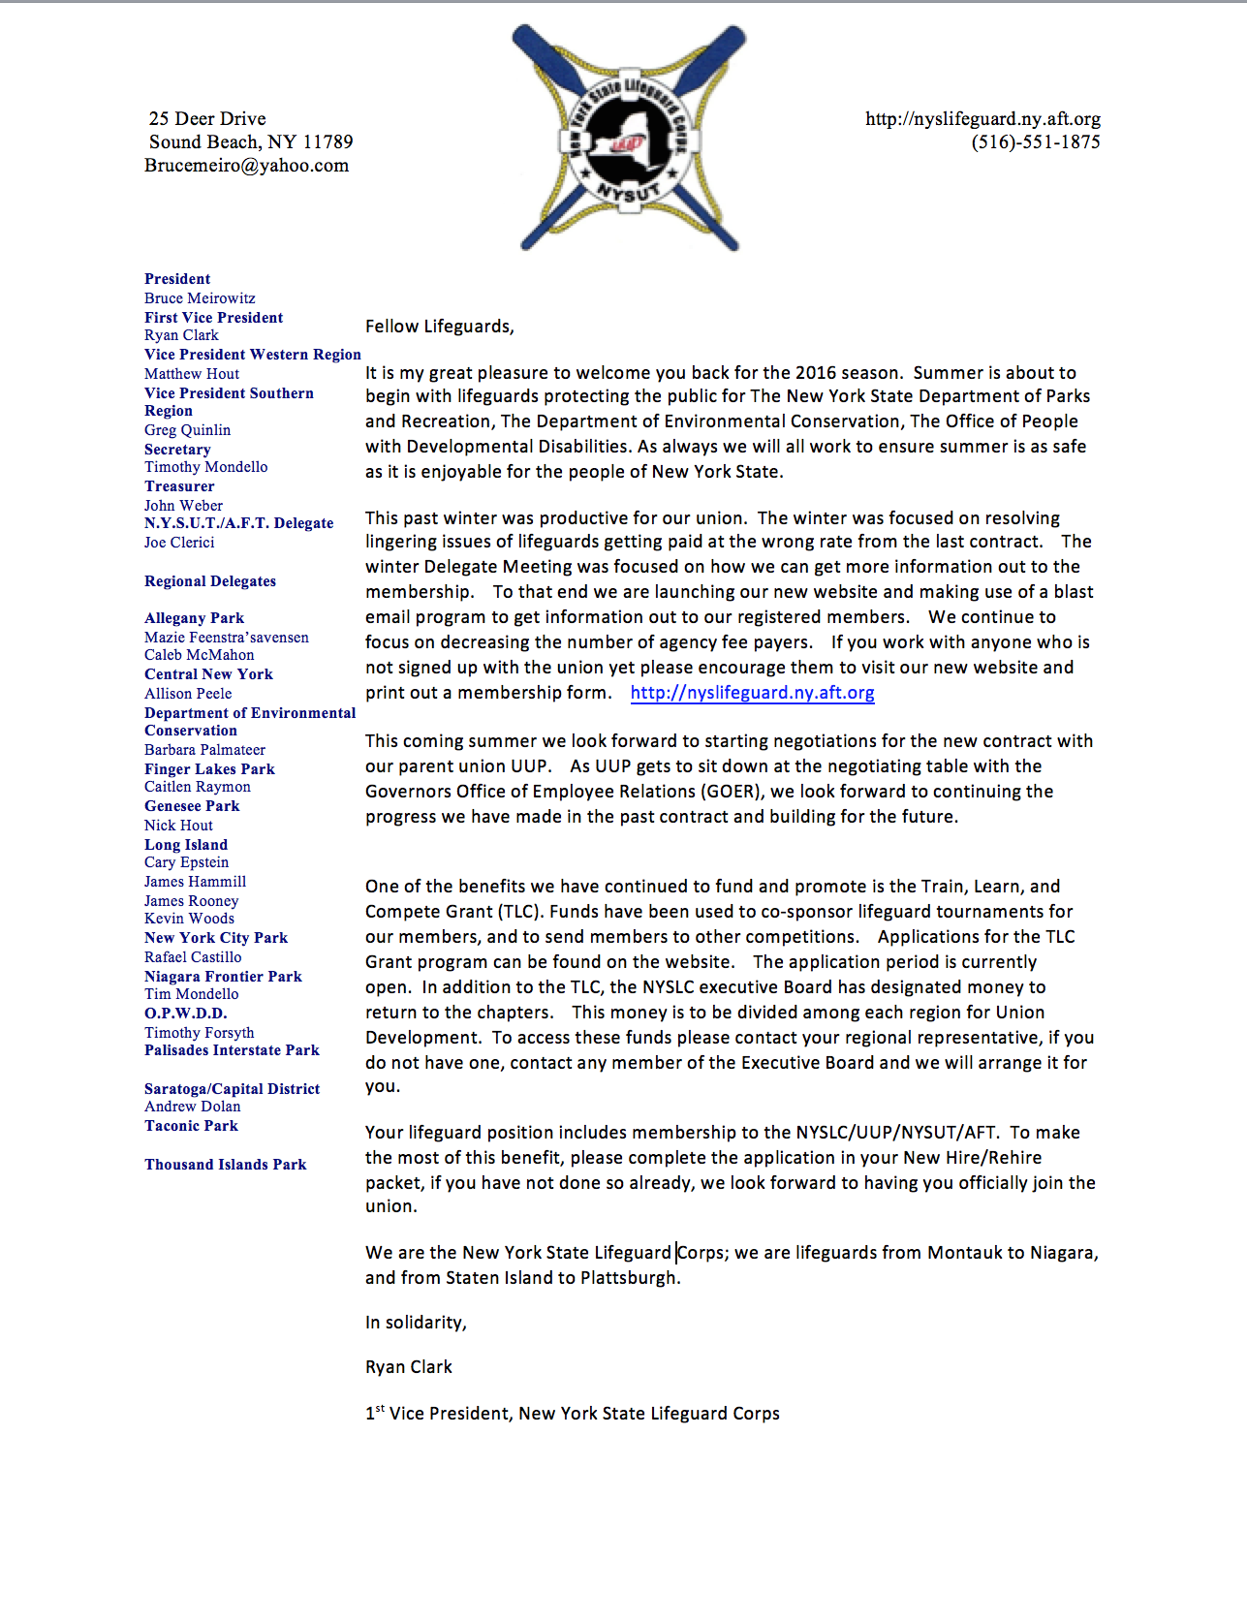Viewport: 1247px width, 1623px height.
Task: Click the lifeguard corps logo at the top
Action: (x=630, y=139)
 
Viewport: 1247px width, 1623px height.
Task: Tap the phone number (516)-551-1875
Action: (x=1035, y=142)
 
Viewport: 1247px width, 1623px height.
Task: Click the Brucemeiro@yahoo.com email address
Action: (x=246, y=166)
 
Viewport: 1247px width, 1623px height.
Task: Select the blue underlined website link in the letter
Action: (x=752, y=693)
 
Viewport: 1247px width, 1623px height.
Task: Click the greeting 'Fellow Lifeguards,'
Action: (x=439, y=327)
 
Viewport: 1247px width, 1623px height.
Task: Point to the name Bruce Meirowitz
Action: (x=200, y=298)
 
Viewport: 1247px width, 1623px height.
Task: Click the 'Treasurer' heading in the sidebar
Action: (x=179, y=486)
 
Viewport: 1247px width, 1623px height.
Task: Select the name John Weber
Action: (x=183, y=506)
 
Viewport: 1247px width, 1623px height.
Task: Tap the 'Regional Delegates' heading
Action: (x=210, y=581)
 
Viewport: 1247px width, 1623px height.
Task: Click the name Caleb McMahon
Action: (x=199, y=655)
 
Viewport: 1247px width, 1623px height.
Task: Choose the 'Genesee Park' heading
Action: (x=192, y=806)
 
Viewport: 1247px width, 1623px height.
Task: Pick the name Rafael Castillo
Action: (x=193, y=957)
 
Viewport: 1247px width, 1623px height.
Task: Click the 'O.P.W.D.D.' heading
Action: (x=185, y=1014)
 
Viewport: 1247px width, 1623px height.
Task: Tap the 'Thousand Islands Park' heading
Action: (x=225, y=1165)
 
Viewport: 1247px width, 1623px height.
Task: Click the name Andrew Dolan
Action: (x=192, y=1107)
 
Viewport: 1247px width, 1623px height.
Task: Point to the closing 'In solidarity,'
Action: (x=416, y=1323)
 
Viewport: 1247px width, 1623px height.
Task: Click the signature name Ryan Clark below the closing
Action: (x=408, y=1367)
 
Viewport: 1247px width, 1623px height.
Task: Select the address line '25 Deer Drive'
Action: (x=207, y=119)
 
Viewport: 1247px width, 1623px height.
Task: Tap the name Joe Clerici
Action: (x=179, y=543)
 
